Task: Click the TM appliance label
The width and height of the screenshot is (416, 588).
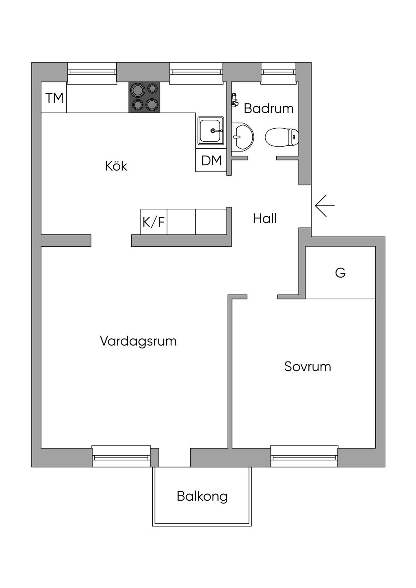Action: click(x=54, y=98)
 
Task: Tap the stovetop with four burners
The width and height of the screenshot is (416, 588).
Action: click(x=144, y=97)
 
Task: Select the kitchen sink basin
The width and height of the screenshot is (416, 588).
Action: click(x=210, y=131)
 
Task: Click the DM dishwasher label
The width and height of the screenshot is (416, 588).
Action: click(x=211, y=160)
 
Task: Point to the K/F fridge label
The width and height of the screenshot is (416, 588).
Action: click(x=154, y=222)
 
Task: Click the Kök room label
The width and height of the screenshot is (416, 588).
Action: click(x=116, y=166)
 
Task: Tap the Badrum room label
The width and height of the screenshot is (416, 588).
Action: click(x=269, y=108)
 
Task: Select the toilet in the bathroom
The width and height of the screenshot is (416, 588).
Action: click(x=282, y=137)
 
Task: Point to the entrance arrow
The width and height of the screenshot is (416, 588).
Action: click(x=325, y=205)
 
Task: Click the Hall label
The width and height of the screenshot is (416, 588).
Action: click(x=264, y=218)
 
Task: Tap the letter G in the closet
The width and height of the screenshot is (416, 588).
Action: click(x=340, y=272)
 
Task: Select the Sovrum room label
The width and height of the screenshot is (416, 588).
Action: click(x=308, y=367)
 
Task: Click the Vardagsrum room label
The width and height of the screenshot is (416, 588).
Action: click(x=138, y=341)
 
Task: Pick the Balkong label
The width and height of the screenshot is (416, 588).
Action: click(x=202, y=496)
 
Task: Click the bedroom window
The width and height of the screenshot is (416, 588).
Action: click(x=304, y=457)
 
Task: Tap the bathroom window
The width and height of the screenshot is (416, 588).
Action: click(x=278, y=72)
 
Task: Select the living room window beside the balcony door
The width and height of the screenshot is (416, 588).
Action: click(x=121, y=457)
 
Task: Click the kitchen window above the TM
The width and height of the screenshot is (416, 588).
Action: click(x=92, y=72)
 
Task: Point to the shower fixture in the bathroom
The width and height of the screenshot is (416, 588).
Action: click(x=234, y=100)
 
